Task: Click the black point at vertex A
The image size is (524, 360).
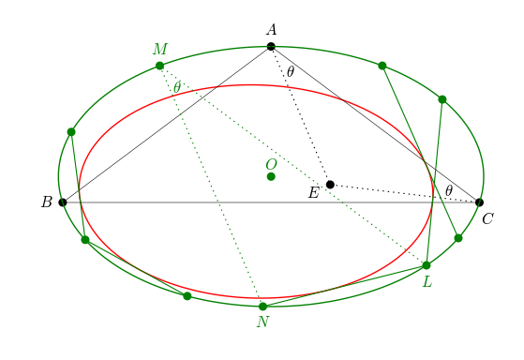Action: coord(271,46)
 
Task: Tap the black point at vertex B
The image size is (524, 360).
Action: coord(63,202)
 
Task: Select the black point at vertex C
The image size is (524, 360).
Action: coord(479,202)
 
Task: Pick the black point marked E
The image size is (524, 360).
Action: coord(330,184)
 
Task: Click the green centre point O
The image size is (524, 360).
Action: coord(271,176)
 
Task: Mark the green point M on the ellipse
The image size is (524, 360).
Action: coord(159,66)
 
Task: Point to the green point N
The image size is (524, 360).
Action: coord(262,306)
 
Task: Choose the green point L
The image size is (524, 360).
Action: coord(427,265)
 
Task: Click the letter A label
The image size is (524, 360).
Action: coord(271,30)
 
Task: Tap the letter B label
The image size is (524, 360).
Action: coord(46,202)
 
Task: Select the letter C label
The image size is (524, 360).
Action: coord(487,218)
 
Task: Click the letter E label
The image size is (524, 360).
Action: coord(314,193)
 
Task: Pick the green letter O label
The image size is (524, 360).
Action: coord(271,164)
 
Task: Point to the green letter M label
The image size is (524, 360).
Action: coord(159,49)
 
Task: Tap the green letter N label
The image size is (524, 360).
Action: coord(262,322)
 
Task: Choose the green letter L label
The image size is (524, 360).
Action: coord(427,281)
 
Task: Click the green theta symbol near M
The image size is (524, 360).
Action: coord(177,87)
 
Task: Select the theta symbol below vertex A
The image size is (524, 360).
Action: coord(291,71)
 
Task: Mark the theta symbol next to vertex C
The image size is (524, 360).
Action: coord(449,190)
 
